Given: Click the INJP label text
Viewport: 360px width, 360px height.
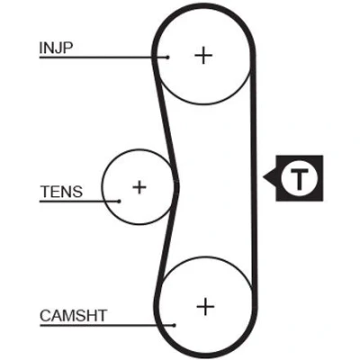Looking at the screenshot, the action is click(56, 48).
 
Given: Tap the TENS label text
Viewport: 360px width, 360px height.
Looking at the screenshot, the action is click(61, 192).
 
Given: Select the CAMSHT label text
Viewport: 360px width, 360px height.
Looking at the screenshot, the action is click(73, 316).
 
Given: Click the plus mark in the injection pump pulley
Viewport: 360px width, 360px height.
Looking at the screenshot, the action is click(203, 55).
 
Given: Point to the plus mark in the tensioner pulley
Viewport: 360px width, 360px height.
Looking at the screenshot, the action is click(139, 187).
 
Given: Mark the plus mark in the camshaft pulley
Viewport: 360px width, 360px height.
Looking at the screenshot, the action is click(205, 306).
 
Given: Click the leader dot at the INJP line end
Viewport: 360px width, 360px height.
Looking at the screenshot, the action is click(168, 57).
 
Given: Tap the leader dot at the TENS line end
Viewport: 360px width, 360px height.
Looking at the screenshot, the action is click(119, 202).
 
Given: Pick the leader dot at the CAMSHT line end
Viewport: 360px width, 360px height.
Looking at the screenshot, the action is click(175, 325).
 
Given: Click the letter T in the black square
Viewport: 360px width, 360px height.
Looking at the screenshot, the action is click(299, 179).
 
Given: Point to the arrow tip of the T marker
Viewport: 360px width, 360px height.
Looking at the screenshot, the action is click(264, 177).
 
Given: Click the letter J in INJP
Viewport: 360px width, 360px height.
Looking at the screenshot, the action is click(58, 48).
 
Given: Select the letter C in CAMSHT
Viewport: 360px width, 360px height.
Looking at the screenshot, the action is click(45, 316).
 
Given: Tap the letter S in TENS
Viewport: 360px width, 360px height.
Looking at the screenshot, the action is click(77, 192).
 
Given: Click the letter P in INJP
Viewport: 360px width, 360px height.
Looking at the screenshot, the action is click(68, 48).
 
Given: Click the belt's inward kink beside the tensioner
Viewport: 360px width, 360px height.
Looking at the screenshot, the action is click(176, 183).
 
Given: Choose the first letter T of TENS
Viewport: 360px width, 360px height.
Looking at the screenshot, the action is click(45, 192).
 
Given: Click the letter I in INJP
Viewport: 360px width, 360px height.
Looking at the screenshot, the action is click(40, 48).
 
